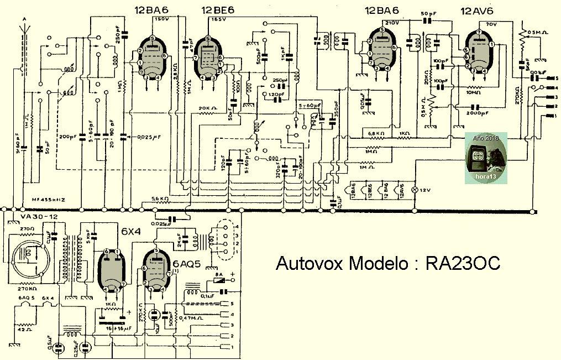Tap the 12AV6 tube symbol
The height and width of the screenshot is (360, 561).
[479, 50]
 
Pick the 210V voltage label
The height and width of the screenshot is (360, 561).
[393, 23]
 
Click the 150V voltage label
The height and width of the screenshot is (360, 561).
[162, 19]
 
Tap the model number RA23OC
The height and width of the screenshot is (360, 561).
[463, 263]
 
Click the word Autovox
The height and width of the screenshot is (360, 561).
[310, 263]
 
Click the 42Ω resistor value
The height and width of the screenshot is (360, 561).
[24, 330]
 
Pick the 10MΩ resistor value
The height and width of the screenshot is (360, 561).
[475, 93]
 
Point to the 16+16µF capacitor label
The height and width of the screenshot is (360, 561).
[116, 328]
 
